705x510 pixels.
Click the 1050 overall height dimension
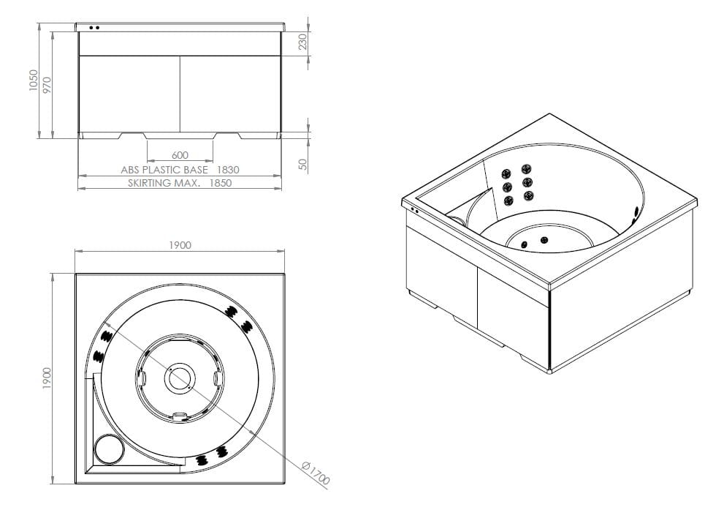coord(33,80)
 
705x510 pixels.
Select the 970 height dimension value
coord(47,85)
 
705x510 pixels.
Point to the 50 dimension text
coord(303,165)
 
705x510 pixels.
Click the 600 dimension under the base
coord(180,155)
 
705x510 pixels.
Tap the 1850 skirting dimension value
coord(220,183)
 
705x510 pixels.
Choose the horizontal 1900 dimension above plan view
coord(180,245)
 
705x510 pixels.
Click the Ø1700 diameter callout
coord(316,473)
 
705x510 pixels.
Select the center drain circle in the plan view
coord(179,378)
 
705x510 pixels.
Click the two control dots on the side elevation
coord(94,28)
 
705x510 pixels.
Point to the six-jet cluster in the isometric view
coord(516,186)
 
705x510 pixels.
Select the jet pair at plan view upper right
coord(237,317)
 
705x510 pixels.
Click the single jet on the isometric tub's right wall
coord(636,213)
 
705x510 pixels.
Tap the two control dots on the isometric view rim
coord(414,210)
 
